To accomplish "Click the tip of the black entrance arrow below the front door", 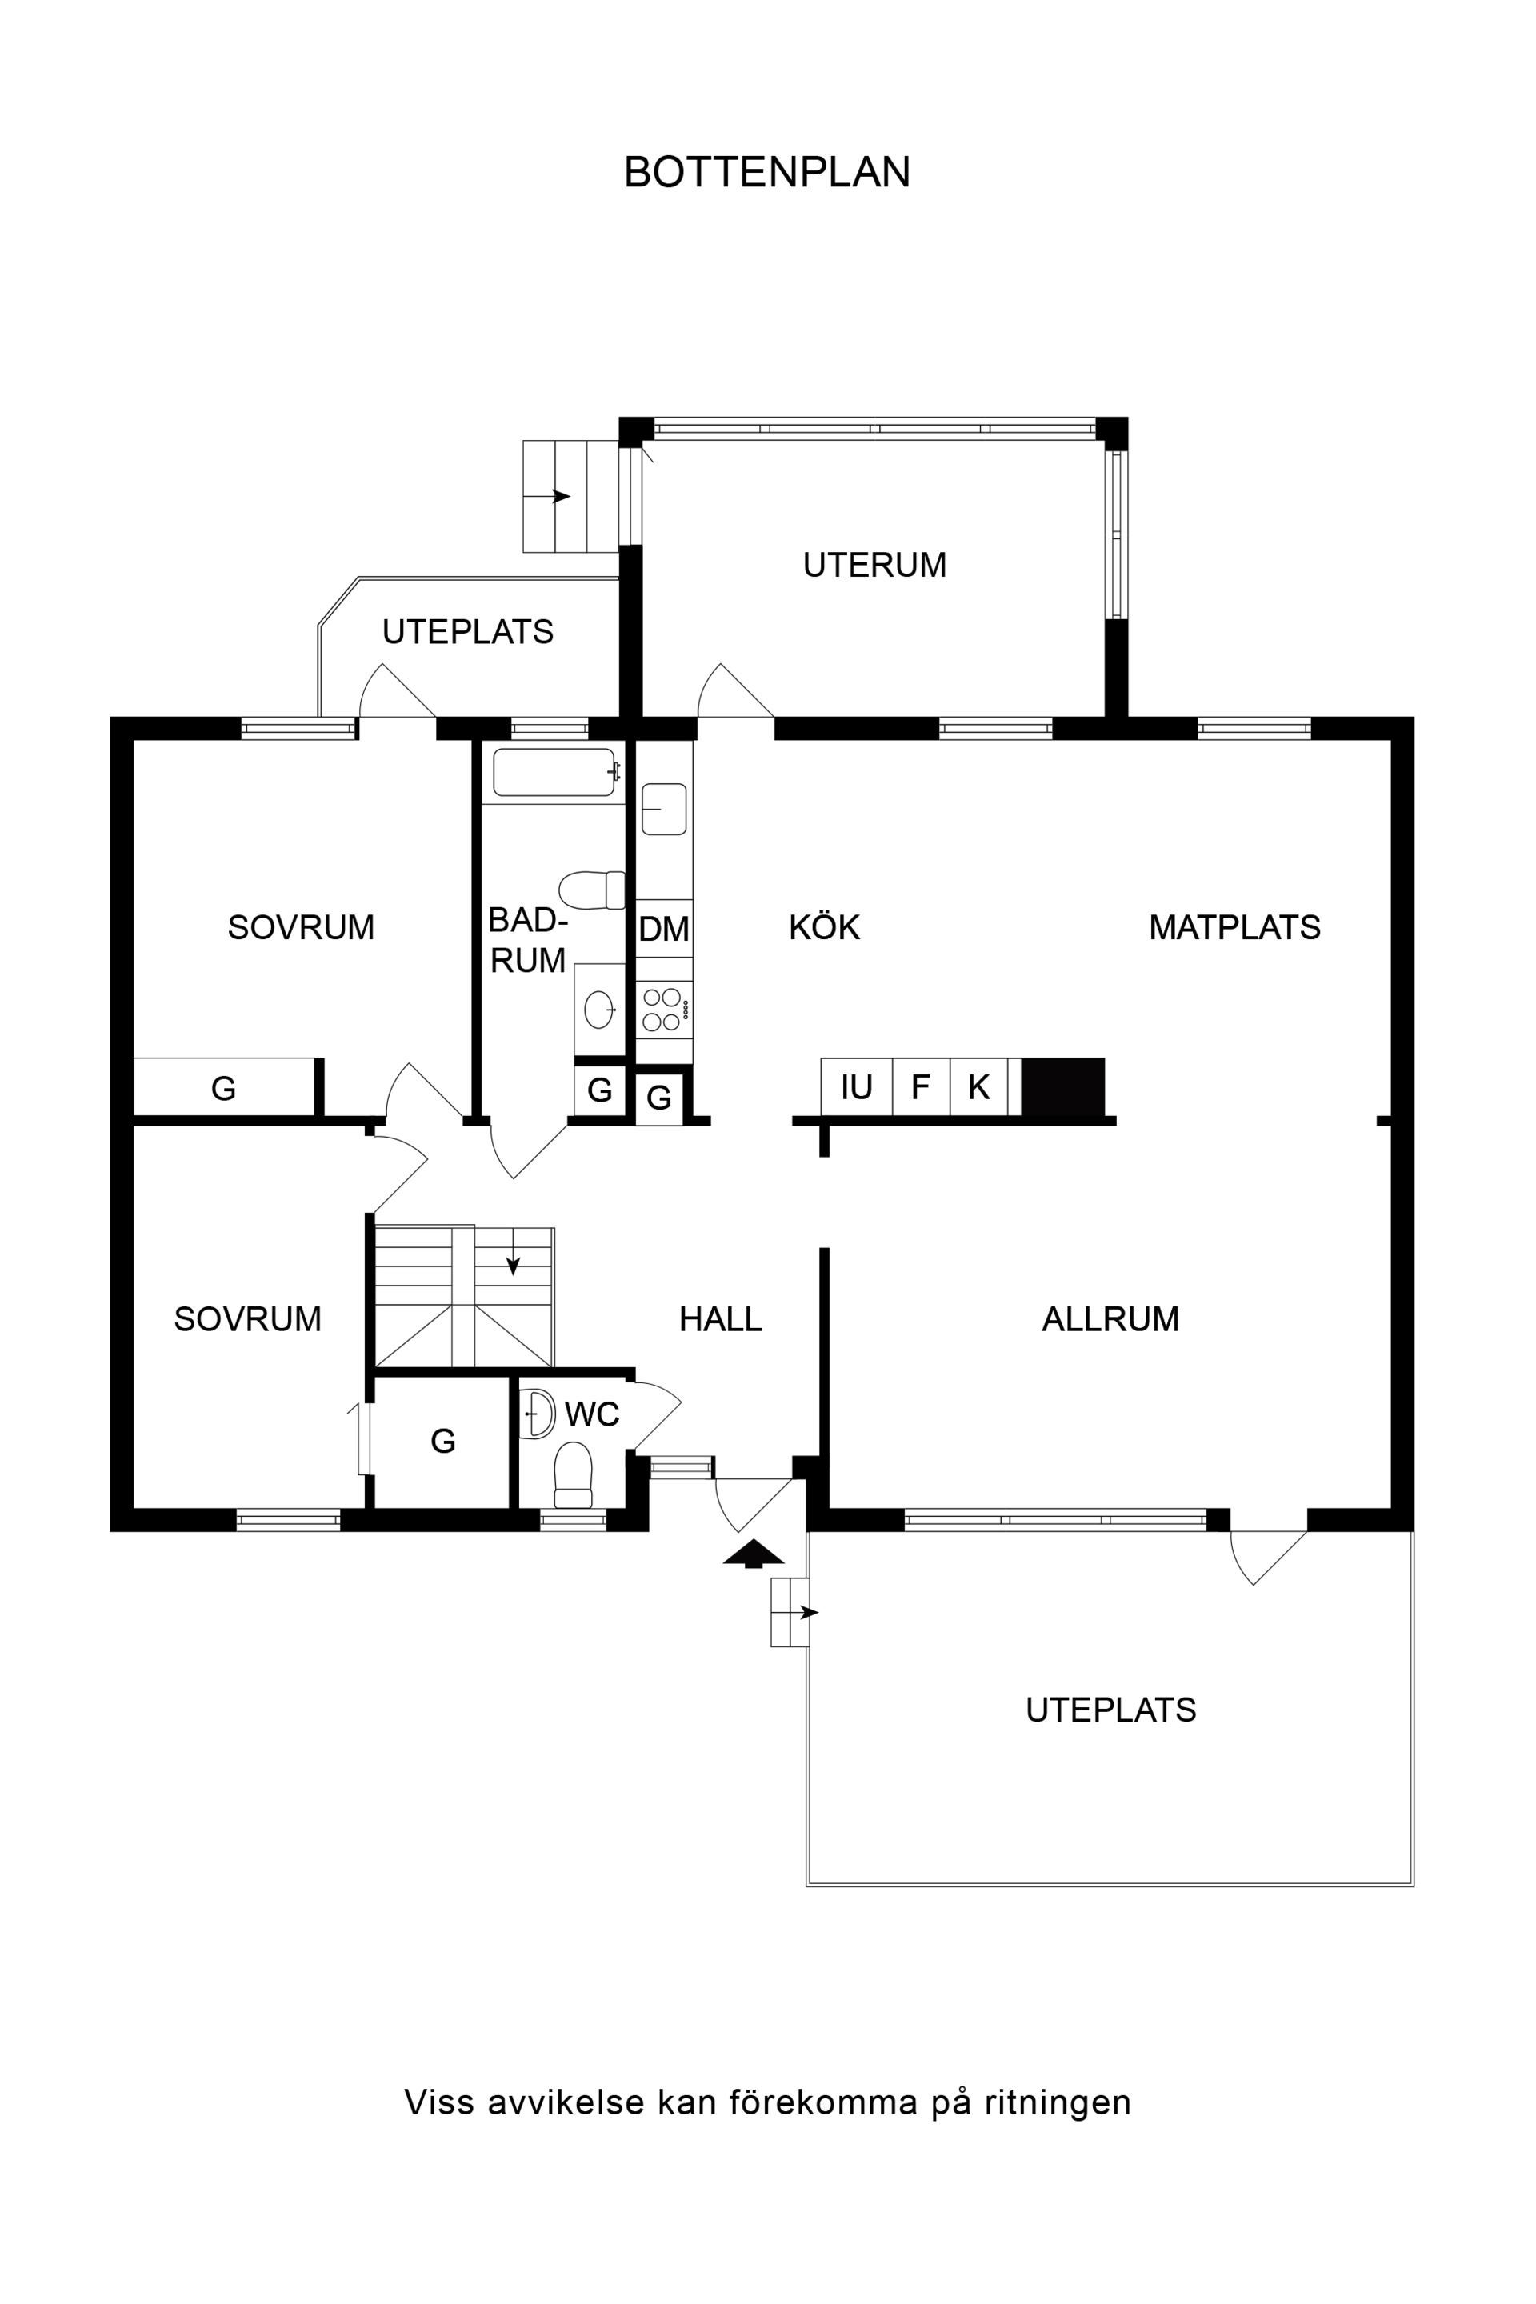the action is (754, 1541).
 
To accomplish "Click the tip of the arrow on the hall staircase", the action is (512, 1274).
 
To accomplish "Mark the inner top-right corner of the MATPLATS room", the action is (1391, 741).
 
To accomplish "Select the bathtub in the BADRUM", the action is (555, 773).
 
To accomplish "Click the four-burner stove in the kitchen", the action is (664, 1010).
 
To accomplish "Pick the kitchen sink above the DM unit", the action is (663, 809).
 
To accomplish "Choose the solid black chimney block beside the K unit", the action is (1063, 1086).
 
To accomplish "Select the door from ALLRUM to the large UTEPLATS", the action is (1269, 1555).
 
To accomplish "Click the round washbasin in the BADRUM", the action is (599, 1009).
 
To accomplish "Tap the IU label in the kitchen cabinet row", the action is (856, 1087).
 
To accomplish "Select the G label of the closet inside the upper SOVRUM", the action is (223, 1088).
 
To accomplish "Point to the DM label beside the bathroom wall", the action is (664, 929).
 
